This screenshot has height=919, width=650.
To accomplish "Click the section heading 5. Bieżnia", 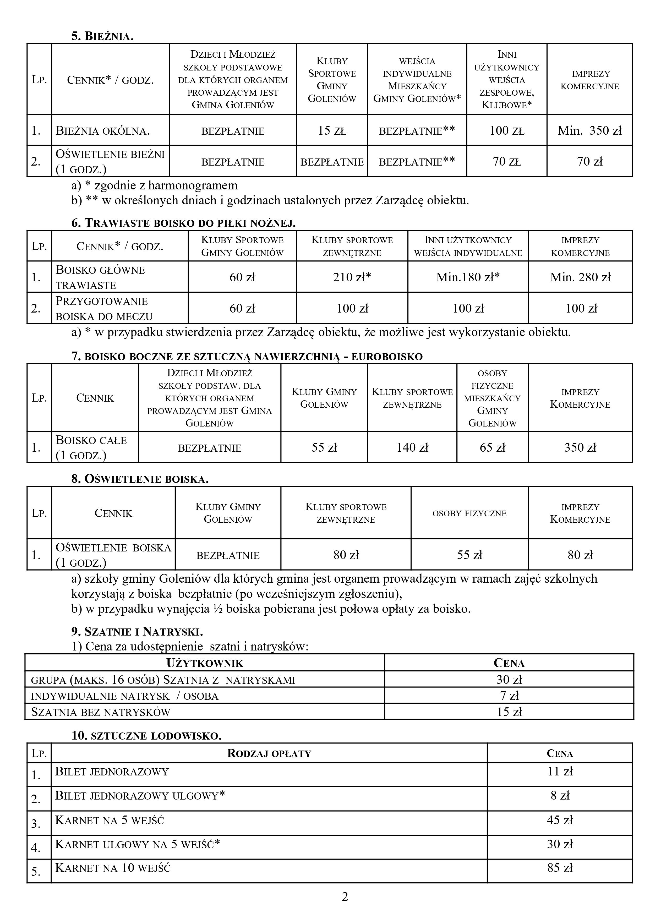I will [102, 36].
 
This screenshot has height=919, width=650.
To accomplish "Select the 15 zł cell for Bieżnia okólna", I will [332, 130].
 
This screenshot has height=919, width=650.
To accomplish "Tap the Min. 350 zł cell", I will [589, 130].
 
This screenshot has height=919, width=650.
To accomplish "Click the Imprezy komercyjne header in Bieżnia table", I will [589, 80].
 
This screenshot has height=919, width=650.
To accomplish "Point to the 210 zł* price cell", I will [352, 277].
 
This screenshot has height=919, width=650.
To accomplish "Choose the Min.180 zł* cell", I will [468, 277].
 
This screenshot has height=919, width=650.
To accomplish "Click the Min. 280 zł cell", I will [580, 277].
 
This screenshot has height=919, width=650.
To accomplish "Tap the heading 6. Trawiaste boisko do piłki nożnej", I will [183, 223].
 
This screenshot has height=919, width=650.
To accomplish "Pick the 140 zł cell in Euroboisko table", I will [412, 447].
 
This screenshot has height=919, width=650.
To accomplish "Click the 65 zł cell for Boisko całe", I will [492, 447].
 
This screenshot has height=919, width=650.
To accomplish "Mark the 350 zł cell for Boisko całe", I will [580, 447].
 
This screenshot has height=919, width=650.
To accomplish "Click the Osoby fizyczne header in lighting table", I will [469, 513].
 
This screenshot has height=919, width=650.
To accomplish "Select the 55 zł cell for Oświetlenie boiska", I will [469, 555].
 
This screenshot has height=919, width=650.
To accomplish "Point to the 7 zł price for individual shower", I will [509, 696].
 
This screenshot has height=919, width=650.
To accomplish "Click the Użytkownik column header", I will [205, 663].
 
